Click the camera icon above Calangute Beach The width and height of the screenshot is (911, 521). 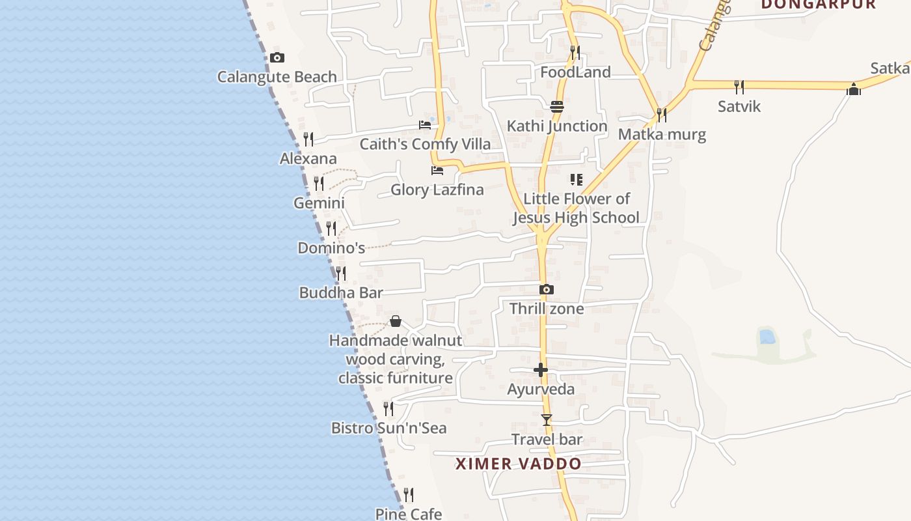[277, 57]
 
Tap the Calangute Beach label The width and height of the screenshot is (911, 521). [277, 77]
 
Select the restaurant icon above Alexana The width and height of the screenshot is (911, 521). [308, 139]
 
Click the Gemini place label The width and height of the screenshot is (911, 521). [319, 203]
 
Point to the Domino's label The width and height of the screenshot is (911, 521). [331, 248]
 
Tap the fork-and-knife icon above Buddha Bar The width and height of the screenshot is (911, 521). [341, 274]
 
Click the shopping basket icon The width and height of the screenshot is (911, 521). [395, 321]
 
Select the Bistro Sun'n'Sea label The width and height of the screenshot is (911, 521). [388, 428]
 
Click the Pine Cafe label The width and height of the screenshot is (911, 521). [408, 514]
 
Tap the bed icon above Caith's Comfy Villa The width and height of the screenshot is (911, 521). [425, 124]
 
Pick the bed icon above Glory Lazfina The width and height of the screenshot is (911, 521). [437, 171]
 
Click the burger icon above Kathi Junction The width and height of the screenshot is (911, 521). [557, 107]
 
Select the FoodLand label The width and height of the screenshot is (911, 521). [575, 72]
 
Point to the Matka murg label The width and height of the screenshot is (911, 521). [662, 135]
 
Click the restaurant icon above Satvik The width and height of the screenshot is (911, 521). [739, 87]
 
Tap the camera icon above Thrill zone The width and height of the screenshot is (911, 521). [547, 289]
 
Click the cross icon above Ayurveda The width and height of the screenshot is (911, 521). [541, 370]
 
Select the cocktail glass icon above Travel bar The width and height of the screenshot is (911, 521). [547, 420]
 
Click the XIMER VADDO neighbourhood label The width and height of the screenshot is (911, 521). [518, 464]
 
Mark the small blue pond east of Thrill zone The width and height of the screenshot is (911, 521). [767, 337]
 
